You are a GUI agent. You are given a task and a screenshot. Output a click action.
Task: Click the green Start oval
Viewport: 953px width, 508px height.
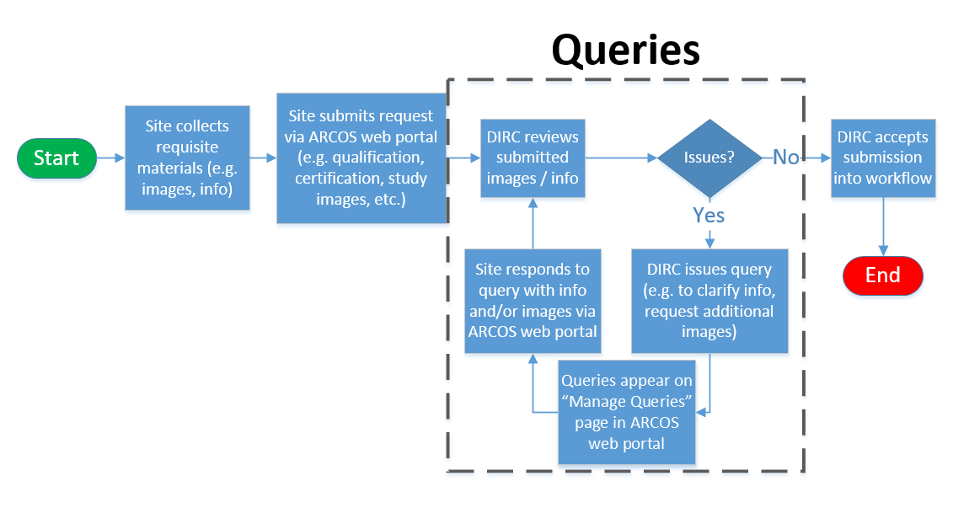point(56,158)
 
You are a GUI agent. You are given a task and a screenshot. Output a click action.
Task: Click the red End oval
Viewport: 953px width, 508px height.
point(882,275)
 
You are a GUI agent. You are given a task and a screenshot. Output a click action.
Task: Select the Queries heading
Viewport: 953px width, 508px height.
point(626,50)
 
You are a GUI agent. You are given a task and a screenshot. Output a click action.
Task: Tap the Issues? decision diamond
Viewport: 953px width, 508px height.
point(709,158)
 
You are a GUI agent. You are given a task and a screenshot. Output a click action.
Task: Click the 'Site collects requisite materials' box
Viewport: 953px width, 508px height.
point(187,158)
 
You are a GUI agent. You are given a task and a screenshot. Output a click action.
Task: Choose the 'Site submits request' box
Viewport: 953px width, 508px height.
point(361,158)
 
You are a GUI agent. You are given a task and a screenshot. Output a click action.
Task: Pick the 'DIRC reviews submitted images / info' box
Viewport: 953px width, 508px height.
point(533,158)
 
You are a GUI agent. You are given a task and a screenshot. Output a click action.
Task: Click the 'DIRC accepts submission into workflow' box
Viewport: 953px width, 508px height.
point(883,158)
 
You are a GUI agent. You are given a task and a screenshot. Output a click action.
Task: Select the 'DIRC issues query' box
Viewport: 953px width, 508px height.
point(709,301)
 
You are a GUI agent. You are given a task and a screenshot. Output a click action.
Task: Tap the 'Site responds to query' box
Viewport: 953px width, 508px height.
point(533,301)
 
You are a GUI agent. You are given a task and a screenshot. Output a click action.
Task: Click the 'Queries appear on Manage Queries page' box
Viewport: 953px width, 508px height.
point(627,412)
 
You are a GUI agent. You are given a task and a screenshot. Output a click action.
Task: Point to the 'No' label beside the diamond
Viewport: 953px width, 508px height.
point(786,158)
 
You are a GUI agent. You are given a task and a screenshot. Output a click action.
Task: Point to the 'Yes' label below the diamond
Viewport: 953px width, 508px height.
point(709,215)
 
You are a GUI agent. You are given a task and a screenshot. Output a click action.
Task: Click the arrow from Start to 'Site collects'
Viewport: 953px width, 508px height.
point(110,158)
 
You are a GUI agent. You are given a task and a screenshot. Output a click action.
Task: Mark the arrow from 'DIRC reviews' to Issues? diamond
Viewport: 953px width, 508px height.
point(621,158)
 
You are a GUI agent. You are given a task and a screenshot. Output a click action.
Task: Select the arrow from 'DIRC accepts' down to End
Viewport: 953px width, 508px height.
point(883,227)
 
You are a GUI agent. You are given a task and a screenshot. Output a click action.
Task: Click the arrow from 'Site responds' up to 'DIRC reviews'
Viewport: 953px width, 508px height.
point(533,223)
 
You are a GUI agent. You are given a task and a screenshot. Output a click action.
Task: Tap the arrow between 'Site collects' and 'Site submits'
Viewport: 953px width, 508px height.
point(263,158)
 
